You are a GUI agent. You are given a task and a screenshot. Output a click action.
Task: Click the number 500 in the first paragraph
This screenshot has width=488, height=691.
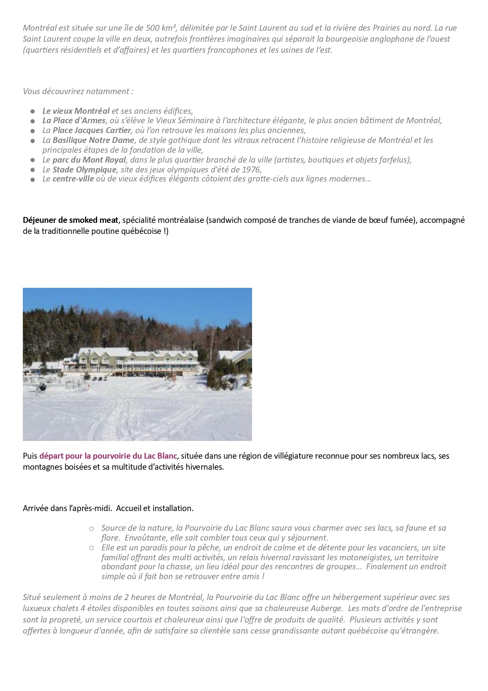tap(152, 28)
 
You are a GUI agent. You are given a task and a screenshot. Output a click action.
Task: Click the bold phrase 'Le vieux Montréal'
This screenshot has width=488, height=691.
tap(76, 111)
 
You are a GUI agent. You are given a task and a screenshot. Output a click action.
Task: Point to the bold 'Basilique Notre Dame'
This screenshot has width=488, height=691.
tap(94, 140)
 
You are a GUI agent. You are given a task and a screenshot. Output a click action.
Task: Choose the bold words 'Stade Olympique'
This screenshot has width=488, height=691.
tap(85, 170)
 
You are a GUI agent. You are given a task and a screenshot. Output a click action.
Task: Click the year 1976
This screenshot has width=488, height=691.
tap(252, 170)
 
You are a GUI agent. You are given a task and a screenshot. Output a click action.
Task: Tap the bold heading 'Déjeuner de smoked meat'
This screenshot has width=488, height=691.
tap(70, 220)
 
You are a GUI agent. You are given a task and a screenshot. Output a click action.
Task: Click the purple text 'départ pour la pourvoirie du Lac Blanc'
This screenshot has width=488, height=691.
tap(108, 456)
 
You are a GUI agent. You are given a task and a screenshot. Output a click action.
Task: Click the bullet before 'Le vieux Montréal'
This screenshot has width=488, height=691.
tap(33, 111)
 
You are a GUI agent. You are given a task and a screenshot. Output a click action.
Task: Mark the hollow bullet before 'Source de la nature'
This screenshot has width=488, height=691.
tap(92, 528)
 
